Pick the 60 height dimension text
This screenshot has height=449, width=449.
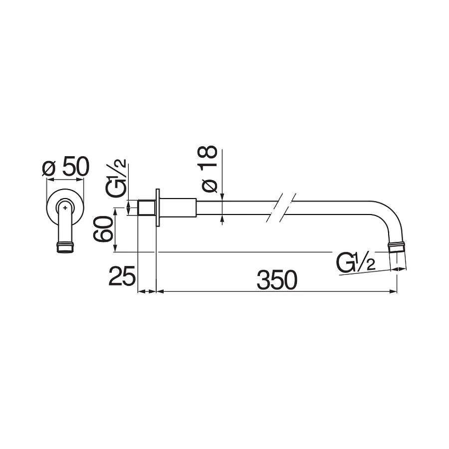[103, 229]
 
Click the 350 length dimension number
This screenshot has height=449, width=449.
[277, 280]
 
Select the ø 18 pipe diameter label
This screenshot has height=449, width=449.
[209, 169]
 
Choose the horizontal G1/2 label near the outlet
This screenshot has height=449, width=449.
[356, 263]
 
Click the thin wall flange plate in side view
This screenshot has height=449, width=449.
[158, 208]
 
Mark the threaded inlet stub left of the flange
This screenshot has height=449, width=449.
[146, 208]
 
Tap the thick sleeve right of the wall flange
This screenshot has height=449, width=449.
[178, 208]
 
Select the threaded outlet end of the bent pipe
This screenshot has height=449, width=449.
[397, 246]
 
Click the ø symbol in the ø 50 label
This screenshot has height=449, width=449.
[48, 169]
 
